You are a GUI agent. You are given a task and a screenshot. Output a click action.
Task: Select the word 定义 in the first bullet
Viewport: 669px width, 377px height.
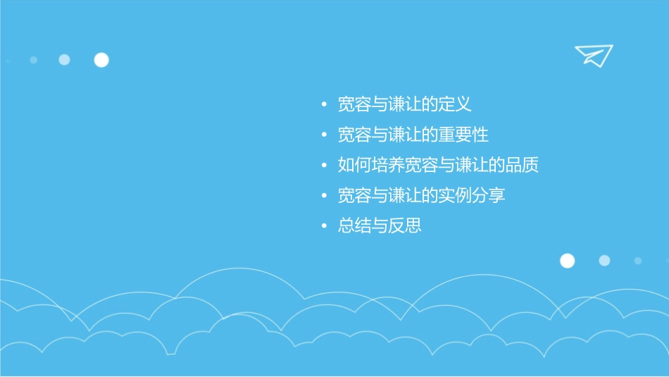pos(454,105)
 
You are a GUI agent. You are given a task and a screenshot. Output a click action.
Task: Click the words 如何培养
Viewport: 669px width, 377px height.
pos(363,166)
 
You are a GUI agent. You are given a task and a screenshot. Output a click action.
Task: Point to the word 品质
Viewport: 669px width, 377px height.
pos(522,166)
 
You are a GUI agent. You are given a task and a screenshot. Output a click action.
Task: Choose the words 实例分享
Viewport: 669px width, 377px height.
pos(471,196)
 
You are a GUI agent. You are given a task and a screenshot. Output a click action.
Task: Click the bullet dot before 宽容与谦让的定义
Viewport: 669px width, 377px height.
pos(324,106)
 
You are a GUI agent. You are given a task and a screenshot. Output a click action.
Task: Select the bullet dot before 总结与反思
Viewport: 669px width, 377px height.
pos(324,227)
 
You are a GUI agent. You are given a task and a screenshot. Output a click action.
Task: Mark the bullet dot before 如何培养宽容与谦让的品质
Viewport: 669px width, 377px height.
pos(324,166)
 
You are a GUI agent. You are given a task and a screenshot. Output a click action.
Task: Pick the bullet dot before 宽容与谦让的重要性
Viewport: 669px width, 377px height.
pos(324,136)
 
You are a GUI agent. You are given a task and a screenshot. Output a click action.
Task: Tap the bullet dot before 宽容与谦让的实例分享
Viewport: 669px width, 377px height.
pos(324,197)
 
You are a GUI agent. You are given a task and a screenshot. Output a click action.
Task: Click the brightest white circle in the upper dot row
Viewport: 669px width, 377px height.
pos(101,60)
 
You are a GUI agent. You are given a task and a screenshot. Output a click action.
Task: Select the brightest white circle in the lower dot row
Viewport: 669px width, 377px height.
pos(567,261)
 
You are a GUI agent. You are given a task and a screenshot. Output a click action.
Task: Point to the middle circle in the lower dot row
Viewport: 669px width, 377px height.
pos(604,261)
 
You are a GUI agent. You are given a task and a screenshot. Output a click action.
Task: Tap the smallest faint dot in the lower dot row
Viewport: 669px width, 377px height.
pos(638,261)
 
